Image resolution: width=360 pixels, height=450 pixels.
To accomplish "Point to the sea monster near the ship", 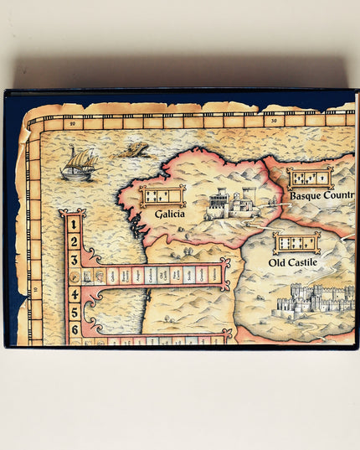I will tap(132, 151).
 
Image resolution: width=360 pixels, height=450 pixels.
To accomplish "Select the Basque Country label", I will tap(322, 196).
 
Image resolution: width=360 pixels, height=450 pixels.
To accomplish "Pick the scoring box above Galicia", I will tap(162, 196).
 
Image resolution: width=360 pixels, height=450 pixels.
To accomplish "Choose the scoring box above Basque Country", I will tap(310, 177).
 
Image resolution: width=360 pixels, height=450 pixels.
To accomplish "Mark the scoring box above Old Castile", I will tap(296, 243).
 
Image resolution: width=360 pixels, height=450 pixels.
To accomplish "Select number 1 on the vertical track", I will tap(74, 225).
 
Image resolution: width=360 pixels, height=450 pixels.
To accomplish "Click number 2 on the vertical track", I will tap(74, 241).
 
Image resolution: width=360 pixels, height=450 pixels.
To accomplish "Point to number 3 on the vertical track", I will tap(74, 258).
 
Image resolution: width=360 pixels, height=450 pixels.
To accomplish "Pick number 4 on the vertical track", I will tap(74, 294).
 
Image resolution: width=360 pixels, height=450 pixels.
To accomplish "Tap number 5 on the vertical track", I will tap(74, 312).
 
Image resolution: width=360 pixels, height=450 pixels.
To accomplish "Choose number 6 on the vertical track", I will tap(74, 328).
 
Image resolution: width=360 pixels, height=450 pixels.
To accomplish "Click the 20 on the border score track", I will tap(74, 123).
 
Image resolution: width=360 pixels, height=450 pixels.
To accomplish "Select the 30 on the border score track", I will tap(275, 120).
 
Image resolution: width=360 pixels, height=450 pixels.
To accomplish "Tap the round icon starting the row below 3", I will tap(75, 276).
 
